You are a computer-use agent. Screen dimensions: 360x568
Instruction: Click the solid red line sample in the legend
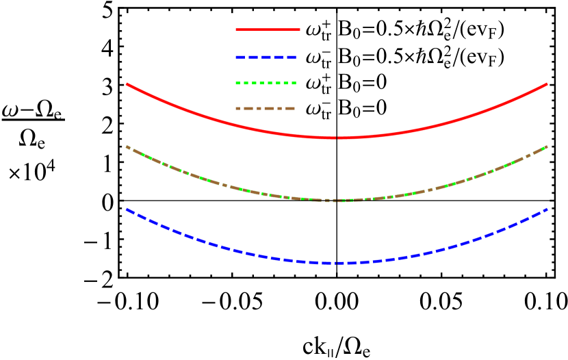tap(268, 29)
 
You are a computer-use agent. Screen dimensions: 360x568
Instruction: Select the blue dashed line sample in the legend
tap(266, 57)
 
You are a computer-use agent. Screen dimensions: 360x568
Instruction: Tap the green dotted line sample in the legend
tap(266, 83)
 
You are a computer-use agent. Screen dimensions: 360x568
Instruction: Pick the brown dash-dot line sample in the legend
tap(266, 108)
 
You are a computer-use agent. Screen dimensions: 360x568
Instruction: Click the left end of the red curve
tap(127, 84)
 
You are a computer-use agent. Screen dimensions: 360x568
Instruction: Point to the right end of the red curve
tap(547, 84)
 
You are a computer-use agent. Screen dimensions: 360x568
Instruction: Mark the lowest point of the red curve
tap(337, 138)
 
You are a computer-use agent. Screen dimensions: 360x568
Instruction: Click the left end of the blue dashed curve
tap(127, 209)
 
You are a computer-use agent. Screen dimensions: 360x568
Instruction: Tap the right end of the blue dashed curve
tap(547, 209)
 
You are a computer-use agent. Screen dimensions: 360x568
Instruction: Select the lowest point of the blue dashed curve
tap(337, 263)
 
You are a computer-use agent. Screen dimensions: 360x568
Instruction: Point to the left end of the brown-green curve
tap(127, 146)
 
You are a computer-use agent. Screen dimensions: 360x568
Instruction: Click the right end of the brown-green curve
tap(547, 146)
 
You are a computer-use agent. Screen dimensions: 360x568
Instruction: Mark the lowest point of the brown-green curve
tap(337, 200)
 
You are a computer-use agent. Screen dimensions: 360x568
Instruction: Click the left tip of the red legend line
tap(236, 29)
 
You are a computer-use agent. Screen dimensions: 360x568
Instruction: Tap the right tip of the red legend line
tap(300, 29)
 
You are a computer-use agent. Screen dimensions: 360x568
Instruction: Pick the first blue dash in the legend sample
tap(240, 57)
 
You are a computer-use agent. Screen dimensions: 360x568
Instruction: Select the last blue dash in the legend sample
tap(292, 57)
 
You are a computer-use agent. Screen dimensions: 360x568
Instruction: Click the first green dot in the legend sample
tap(237, 83)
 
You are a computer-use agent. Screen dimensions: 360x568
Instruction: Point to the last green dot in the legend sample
tap(294, 83)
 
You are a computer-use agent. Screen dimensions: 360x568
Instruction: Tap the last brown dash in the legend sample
tap(289, 108)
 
